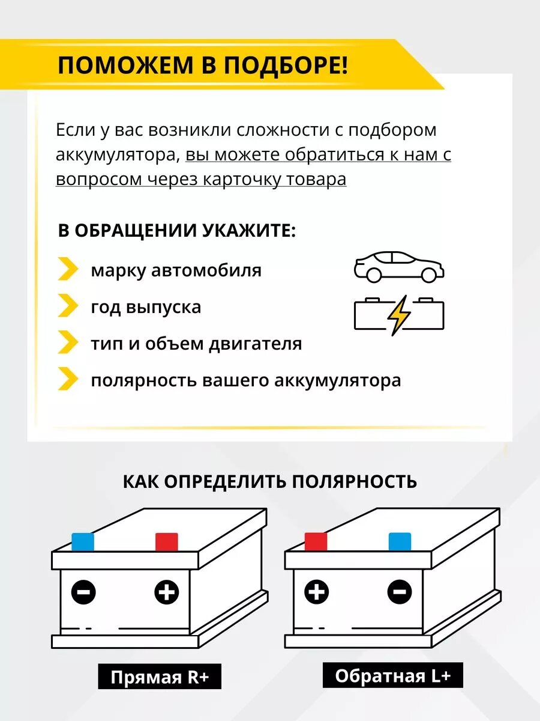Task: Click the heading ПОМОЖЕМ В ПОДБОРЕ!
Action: (x=202, y=65)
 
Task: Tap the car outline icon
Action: (x=398, y=267)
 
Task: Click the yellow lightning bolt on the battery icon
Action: (x=398, y=314)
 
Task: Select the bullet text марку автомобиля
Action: (x=176, y=270)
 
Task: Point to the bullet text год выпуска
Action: (x=146, y=307)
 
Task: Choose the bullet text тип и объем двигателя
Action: (x=196, y=344)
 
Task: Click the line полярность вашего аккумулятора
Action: (x=245, y=381)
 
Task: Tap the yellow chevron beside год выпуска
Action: (x=68, y=306)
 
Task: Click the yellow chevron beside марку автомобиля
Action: (x=68, y=269)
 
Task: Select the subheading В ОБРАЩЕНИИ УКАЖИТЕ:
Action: (x=176, y=231)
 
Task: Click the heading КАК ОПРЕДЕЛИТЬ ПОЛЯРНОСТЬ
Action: (x=269, y=481)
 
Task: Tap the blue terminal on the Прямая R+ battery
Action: (x=83, y=542)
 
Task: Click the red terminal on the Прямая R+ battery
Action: (x=167, y=542)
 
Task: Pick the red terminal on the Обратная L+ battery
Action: (x=316, y=541)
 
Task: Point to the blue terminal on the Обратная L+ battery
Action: (x=400, y=541)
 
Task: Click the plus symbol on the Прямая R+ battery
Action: (x=166, y=592)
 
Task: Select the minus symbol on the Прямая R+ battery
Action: (x=83, y=592)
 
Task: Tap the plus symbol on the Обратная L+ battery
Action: (x=316, y=592)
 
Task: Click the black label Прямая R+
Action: (x=160, y=678)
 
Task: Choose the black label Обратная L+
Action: (x=392, y=676)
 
